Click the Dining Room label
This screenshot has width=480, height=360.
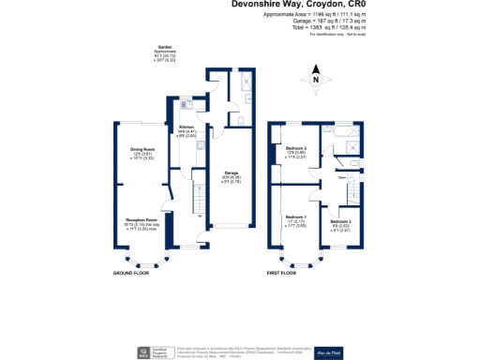click(142, 148)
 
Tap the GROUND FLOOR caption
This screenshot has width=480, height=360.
click(133, 272)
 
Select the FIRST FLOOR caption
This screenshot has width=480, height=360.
click(280, 272)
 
